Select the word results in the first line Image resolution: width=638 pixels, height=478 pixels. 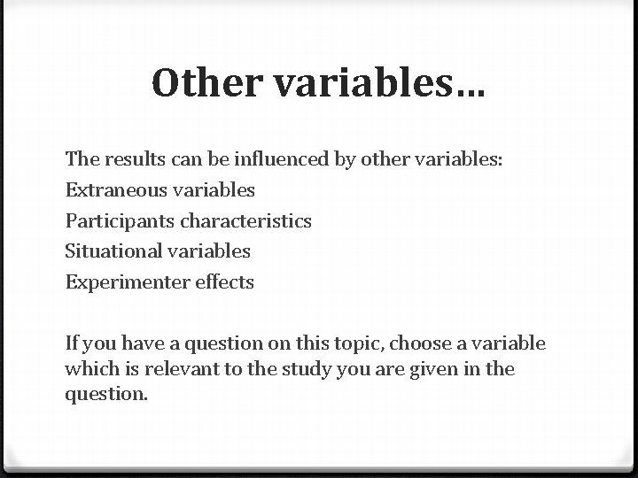pyautogui.click(x=130, y=158)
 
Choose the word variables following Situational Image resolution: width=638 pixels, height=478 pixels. pyautogui.click(x=206, y=251)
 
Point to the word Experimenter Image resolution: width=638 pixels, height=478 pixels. pyautogui.click(x=121, y=282)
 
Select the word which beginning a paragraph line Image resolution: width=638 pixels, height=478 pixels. pyautogui.click(x=89, y=368)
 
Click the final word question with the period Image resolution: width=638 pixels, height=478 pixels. pyautogui.click(x=106, y=394)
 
